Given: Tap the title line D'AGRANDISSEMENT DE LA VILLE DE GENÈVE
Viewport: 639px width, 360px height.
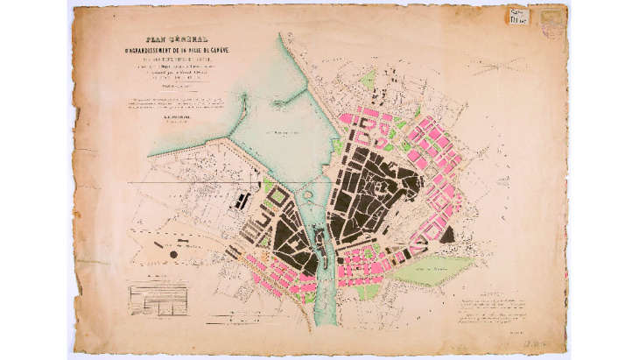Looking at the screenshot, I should (186, 49).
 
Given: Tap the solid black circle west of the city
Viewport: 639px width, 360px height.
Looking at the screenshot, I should (173, 254).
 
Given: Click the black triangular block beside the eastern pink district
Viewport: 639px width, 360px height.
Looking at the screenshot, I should (446, 234).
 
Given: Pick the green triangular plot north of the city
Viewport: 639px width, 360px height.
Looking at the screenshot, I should (369, 81).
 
